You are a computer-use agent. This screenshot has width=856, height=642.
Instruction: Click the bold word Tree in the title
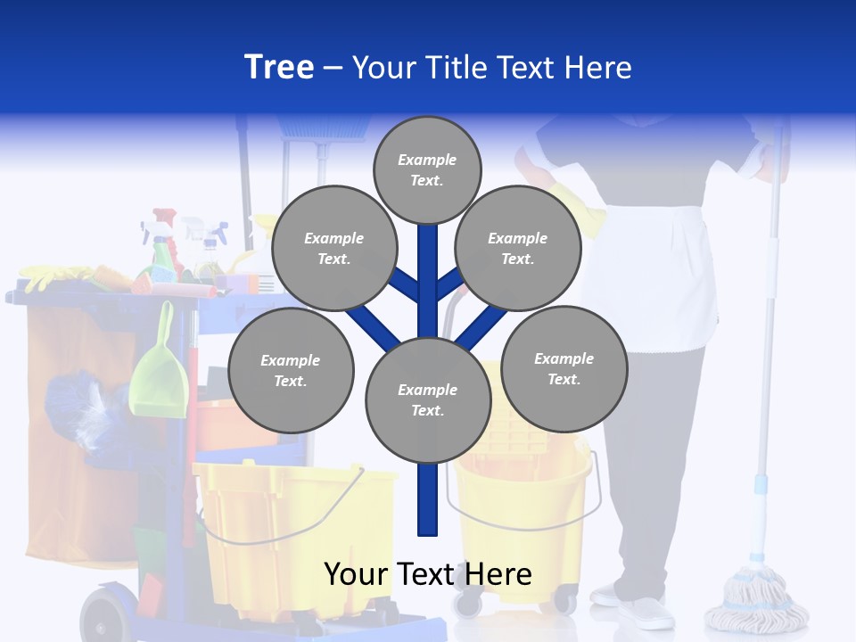pyautogui.click(x=279, y=68)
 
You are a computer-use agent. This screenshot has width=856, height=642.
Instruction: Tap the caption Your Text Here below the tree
pyautogui.click(x=427, y=574)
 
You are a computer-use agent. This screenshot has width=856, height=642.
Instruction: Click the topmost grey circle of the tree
pyautogui.click(x=427, y=169)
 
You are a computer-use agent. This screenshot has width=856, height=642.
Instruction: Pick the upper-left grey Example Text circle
pyautogui.click(x=333, y=248)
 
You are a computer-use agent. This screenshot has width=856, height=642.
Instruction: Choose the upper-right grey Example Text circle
pyautogui.click(x=518, y=248)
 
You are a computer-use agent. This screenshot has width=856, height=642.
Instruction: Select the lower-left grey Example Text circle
pyautogui.click(x=291, y=370)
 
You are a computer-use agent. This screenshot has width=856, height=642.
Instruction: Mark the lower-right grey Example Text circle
pyautogui.click(x=564, y=368)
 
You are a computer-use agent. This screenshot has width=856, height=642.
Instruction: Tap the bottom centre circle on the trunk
pyautogui.click(x=428, y=400)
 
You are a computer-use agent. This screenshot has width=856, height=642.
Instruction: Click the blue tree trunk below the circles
pyautogui.click(x=428, y=499)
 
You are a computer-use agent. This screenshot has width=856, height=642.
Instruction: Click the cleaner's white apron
pyautogui.click(x=660, y=267)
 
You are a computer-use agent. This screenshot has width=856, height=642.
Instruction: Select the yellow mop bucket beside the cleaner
pyautogui.click(x=526, y=508)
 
